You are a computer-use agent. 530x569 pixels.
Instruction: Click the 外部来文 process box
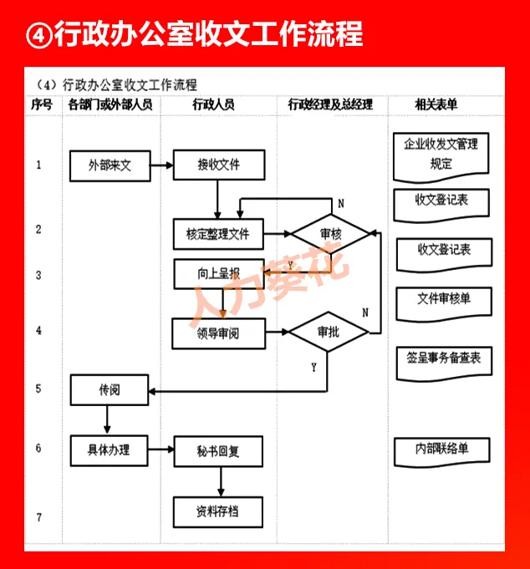pyautogui.click(x=110, y=165)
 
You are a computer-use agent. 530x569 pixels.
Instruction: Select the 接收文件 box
pyautogui.click(x=219, y=165)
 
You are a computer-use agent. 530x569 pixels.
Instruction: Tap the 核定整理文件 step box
pyautogui.click(x=217, y=234)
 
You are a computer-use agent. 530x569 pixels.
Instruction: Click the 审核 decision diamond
pyautogui.click(x=330, y=235)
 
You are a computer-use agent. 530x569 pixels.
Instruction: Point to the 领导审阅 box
pyautogui.click(x=217, y=333)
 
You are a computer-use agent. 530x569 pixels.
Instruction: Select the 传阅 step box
pyautogui.click(x=110, y=389)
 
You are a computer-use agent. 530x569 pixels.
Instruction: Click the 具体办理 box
pyautogui.click(x=110, y=450)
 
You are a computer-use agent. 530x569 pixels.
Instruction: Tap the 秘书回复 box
pyautogui.click(x=218, y=451)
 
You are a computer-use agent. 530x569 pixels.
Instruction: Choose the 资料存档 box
pyautogui.click(x=217, y=511)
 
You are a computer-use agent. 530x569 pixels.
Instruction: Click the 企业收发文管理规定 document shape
pyautogui.click(x=441, y=155)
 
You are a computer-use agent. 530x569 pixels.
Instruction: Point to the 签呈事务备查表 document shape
pyautogui.click(x=443, y=359)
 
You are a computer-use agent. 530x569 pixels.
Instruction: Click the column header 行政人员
pyautogui.click(x=213, y=105)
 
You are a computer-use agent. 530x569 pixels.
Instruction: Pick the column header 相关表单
pyautogui.click(x=436, y=105)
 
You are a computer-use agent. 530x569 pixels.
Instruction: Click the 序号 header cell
pyautogui.click(x=42, y=105)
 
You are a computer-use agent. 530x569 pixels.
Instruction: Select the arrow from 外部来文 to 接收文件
pyautogui.click(x=162, y=165)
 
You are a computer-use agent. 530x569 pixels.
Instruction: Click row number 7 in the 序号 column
pyautogui.click(x=38, y=517)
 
